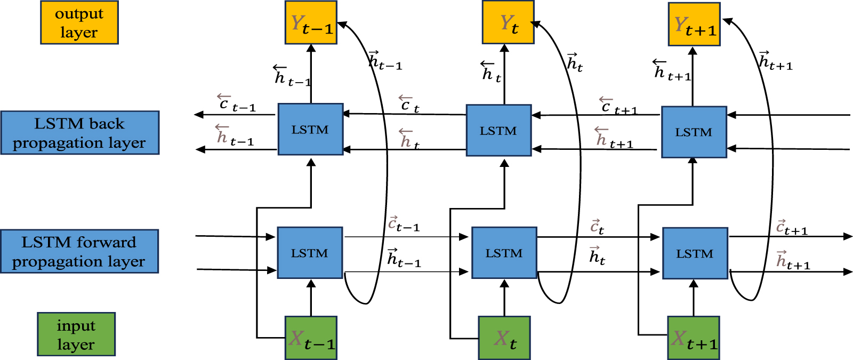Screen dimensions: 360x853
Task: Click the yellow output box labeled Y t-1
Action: click(311, 22)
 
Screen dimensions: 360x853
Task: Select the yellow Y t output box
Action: click(508, 22)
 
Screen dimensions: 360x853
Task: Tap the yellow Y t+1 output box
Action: click(694, 24)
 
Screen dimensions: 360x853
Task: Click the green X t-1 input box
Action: click(311, 338)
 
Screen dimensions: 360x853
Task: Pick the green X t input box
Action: click(504, 338)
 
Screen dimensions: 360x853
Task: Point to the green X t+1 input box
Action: click(694, 338)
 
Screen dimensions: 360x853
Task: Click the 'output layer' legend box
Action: click(79, 22)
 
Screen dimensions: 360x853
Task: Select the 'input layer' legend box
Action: click(76, 334)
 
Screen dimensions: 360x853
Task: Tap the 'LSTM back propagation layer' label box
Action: click(80, 133)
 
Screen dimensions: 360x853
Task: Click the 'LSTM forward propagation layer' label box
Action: click(79, 251)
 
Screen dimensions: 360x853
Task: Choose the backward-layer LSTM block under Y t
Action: click(498, 130)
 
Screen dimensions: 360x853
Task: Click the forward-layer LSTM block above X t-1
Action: click(310, 253)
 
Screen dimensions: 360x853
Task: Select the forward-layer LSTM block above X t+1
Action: click(695, 253)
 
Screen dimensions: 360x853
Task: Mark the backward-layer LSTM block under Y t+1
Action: click(694, 132)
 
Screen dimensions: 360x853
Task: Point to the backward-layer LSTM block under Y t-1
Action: click(310, 130)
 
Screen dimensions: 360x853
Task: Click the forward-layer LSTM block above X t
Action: click(504, 253)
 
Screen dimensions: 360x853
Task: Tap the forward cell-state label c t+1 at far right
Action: click(791, 228)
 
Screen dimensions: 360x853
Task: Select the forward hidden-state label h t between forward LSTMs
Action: click(597, 256)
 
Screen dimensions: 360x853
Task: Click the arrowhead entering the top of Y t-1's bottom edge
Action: click(311, 48)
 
